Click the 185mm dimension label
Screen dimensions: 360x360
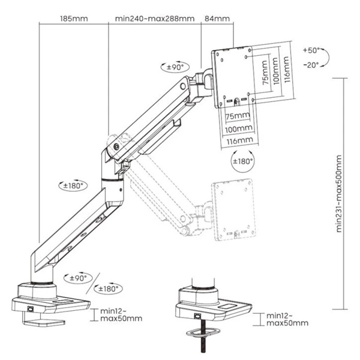click(x=73, y=19)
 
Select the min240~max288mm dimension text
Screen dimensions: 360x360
click(x=154, y=19)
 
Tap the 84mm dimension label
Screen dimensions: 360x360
click(x=218, y=19)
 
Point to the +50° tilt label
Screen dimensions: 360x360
click(x=311, y=50)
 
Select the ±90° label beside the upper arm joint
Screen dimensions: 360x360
click(x=175, y=67)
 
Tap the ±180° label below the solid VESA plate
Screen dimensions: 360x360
click(x=242, y=160)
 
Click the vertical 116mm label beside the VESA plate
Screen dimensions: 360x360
click(x=289, y=68)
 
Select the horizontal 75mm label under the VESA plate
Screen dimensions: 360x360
click(x=238, y=116)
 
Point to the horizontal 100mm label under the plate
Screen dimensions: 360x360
click(x=238, y=128)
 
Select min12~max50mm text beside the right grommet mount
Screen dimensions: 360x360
click(x=287, y=319)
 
